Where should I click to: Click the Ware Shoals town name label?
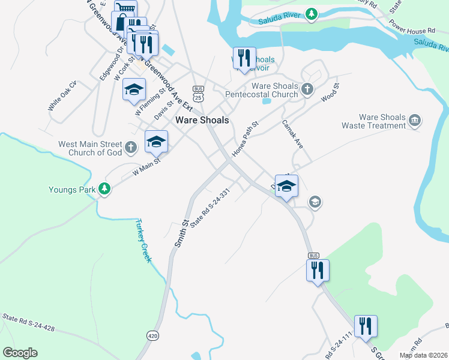click(x=202, y=120)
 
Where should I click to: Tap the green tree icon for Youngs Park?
click(x=105, y=190)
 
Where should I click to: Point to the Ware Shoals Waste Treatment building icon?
click(x=415, y=121)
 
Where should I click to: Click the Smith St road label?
click(x=182, y=233)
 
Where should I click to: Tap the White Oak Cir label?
click(x=63, y=96)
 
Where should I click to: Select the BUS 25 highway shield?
click(x=199, y=93)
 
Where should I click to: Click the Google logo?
click(x=20, y=353)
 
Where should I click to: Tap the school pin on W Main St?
click(x=156, y=142)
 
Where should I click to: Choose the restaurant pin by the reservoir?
click(x=244, y=58)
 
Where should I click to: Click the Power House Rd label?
click(x=412, y=31)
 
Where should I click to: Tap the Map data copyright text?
click(x=423, y=355)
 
